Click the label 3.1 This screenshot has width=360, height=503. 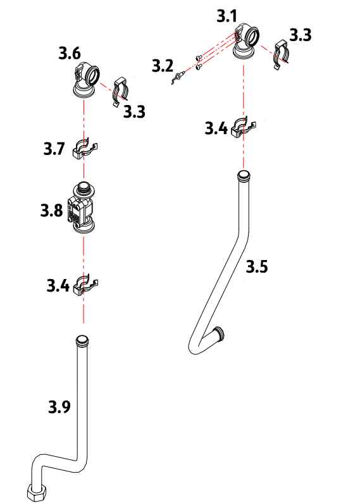pos(227,16)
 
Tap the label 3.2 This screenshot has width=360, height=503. pos(163,66)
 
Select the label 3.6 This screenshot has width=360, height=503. pos(70,53)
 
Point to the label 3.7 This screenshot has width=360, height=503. pos(54,149)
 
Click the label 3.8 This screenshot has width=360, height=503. pos(51,211)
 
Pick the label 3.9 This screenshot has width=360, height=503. pos(59,407)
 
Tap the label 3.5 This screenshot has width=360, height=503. pos(257,266)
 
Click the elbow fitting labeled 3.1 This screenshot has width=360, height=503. pos(246,40)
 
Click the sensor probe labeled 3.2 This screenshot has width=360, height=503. pos(177,78)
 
